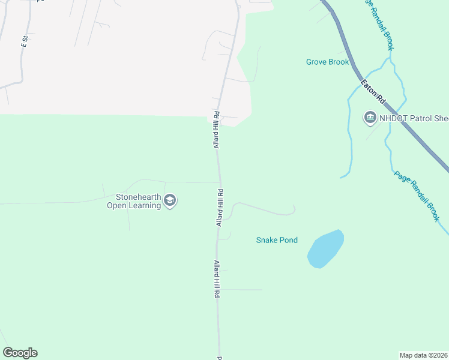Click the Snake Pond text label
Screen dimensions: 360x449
point(277,240)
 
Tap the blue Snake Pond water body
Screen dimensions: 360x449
point(325,248)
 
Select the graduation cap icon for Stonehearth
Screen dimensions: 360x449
point(170,200)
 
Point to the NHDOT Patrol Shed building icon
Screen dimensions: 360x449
point(370,118)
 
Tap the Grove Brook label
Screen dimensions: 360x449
point(327,62)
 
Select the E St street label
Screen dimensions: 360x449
point(25,42)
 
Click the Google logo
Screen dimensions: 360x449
point(20,353)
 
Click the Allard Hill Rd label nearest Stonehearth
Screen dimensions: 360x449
point(220,208)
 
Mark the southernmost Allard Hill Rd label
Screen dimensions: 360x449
point(216,280)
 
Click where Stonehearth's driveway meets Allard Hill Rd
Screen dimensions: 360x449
point(218,182)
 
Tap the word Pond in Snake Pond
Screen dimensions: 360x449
point(288,240)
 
